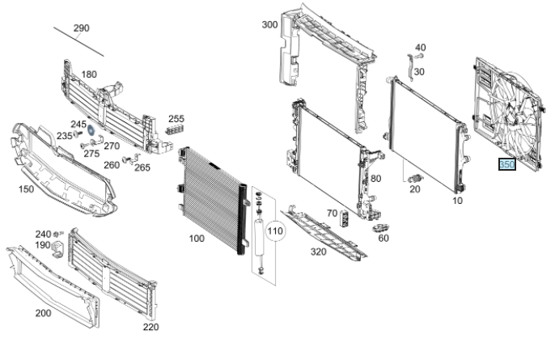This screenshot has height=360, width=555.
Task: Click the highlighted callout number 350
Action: (507, 165)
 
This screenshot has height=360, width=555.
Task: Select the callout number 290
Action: (81, 28)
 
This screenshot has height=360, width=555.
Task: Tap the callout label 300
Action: (269, 24)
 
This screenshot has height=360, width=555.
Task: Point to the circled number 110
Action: (276, 232)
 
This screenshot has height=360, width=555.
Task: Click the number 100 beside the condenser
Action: (197, 239)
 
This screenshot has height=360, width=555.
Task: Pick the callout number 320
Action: (317, 251)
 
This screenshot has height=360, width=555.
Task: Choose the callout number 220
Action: (150, 327)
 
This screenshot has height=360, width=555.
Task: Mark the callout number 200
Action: (42, 312)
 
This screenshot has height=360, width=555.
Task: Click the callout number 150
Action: (26, 188)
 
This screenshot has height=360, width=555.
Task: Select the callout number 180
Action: (88, 74)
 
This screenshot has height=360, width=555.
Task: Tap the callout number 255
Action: (176, 118)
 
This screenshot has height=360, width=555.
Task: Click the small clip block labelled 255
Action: (173, 129)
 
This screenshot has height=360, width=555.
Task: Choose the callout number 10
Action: (458, 200)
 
